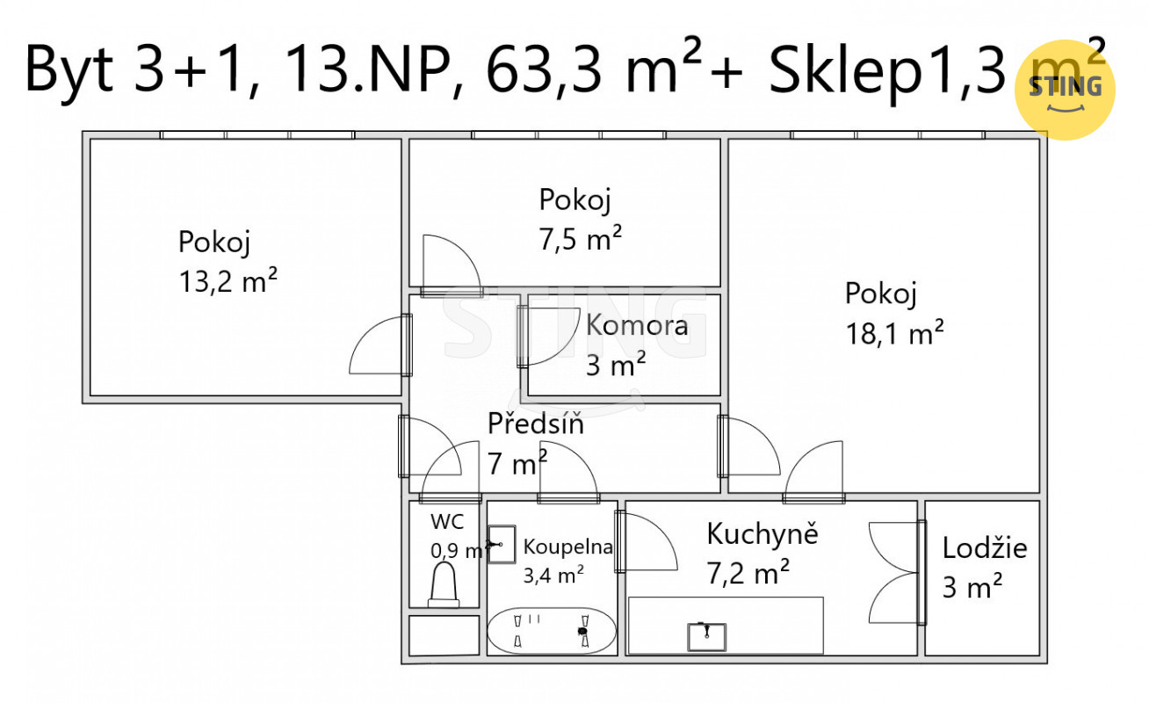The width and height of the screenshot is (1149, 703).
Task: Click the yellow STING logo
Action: (x=1065, y=90)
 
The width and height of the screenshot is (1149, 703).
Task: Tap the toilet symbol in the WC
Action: (x=444, y=585)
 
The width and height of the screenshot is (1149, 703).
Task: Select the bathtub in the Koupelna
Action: (x=552, y=631)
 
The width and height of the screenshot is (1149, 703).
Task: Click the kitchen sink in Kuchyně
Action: (x=707, y=637)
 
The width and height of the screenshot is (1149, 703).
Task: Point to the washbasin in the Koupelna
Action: (x=501, y=545)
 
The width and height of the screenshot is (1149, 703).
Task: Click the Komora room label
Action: (x=637, y=325)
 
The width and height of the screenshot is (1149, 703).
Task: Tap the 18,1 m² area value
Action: (x=894, y=334)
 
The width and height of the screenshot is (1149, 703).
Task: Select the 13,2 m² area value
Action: (x=228, y=281)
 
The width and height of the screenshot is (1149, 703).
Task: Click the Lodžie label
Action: (x=985, y=548)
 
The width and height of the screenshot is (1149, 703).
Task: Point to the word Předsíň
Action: (x=536, y=424)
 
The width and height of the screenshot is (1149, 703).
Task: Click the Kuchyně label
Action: (x=762, y=533)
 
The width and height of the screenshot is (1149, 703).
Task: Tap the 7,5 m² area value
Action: (x=580, y=239)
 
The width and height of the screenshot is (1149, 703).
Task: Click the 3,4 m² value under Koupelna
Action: (x=553, y=575)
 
